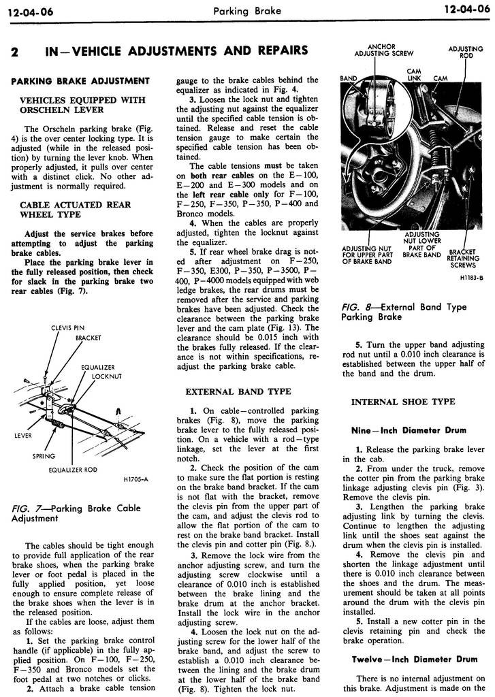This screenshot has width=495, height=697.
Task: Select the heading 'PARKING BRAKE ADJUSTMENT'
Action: [x=80, y=81]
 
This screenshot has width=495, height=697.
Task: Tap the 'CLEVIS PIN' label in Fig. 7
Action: [x=67, y=328]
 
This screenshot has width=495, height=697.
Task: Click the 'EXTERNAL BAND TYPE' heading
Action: [x=238, y=391]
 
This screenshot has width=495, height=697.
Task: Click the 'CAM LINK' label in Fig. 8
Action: [x=413, y=74]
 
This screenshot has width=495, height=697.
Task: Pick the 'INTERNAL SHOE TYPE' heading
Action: [x=402, y=402]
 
